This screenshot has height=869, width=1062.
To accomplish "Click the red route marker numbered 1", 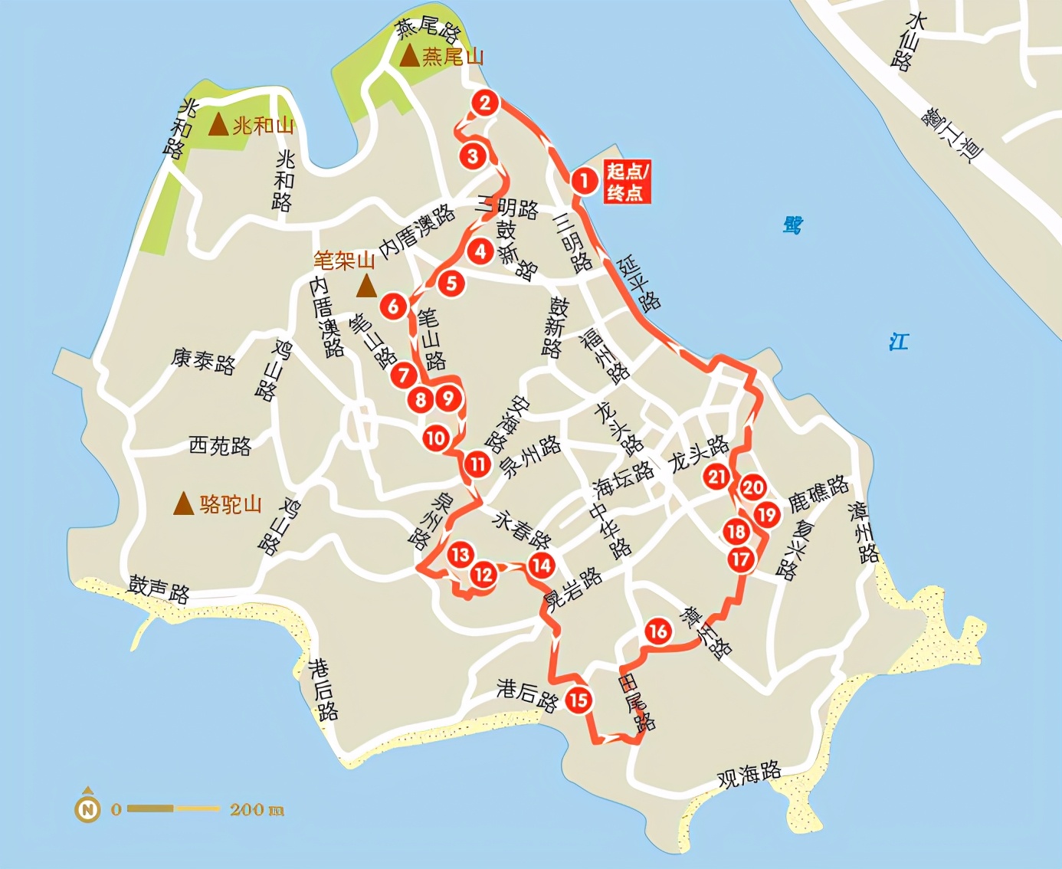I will [x=584, y=181].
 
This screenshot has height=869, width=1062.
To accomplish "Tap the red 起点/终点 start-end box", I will [x=628, y=182].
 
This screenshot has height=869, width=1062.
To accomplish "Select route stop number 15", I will [x=579, y=699].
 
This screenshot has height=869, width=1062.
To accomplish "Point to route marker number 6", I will [x=394, y=307].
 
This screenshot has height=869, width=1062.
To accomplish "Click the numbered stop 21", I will [x=717, y=477].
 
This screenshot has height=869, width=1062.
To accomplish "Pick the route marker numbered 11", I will [x=478, y=464].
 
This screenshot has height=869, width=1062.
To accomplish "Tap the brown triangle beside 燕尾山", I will [x=410, y=55].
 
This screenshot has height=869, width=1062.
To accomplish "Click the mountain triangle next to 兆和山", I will [x=219, y=124].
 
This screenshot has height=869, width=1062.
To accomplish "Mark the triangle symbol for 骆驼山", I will [x=183, y=503].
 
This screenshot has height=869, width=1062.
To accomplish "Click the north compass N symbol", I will [x=88, y=808].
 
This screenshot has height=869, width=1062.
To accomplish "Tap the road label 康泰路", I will [x=203, y=360].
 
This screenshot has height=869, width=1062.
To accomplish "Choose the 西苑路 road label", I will [x=220, y=445].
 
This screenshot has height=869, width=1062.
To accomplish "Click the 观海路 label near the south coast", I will [x=749, y=775].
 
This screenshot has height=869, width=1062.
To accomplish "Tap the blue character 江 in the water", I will [x=898, y=341].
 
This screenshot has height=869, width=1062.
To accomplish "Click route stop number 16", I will [x=657, y=631].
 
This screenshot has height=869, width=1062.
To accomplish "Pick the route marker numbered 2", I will [x=485, y=103].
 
